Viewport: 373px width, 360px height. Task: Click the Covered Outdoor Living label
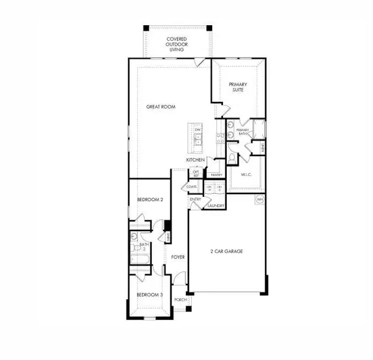pos(178,43)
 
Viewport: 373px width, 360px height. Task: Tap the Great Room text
pos(161,107)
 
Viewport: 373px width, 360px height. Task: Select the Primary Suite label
pos(238,88)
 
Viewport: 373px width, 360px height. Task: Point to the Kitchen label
pos(195,160)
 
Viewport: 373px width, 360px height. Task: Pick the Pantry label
pos(216,175)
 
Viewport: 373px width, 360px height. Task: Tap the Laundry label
pos(216,206)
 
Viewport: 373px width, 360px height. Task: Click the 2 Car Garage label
pos(225,251)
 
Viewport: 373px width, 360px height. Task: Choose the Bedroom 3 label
pos(149,295)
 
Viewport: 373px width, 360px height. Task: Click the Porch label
pos(180,299)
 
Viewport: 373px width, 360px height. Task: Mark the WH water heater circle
pos(260,199)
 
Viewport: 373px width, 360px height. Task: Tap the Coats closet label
pos(192,187)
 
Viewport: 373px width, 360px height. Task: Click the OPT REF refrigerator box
pos(195,173)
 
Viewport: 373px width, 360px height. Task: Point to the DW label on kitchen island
pos(197,130)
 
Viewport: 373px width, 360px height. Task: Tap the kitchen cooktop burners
pos(220,139)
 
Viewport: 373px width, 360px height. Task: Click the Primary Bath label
pos(242,132)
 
